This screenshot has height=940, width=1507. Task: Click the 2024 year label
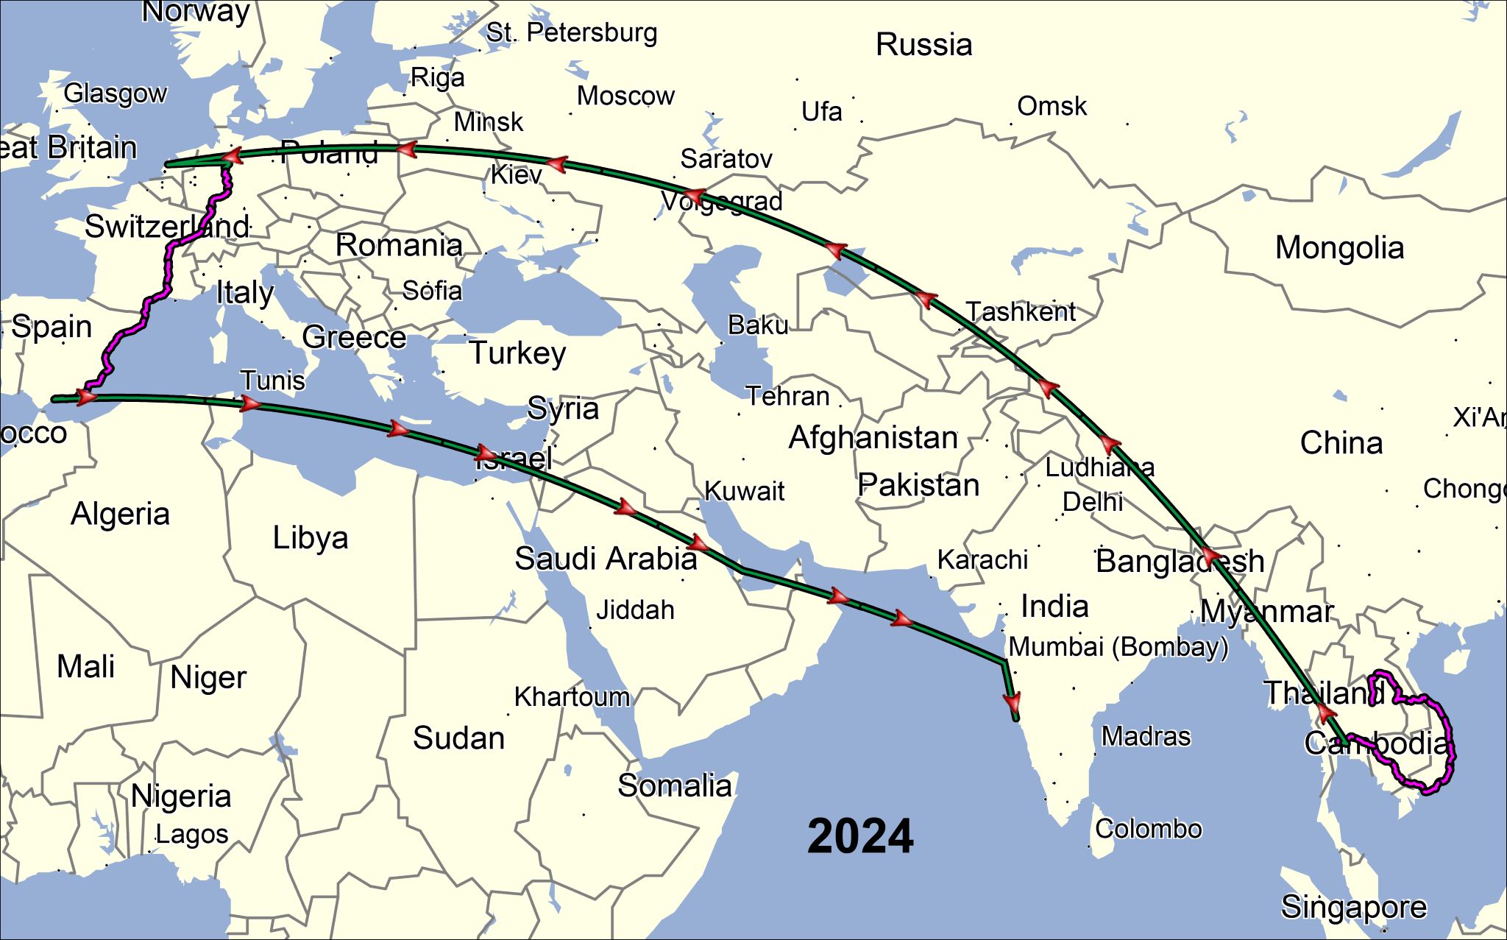(x=860, y=836)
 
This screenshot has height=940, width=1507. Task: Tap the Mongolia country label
(x=1339, y=248)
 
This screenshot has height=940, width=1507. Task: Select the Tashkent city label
(x=1021, y=312)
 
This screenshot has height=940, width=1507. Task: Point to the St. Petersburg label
(x=572, y=32)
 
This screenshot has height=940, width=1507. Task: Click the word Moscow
(x=625, y=96)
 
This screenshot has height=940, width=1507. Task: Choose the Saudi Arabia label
(x=606, y=559)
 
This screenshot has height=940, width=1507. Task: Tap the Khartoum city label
(x=572, y=696)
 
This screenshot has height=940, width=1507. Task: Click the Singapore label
(x=1354, y=907)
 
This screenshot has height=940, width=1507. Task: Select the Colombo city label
(x=1149, y=829)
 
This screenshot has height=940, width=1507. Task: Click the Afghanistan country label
(x=873, y=438)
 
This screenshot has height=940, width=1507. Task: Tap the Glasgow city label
(x=116, y=93)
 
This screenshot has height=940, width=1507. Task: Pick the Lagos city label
(x=192, y=835)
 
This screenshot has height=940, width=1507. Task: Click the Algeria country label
(x=120, y=514)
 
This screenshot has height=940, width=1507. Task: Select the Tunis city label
(x=273, y=381)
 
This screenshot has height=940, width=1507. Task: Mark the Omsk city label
(x=1052, y=107)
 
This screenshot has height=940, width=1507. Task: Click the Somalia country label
(x=675, y=786)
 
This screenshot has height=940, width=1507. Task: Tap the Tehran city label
(x=788, y=397)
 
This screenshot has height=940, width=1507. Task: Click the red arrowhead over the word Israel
(x=486, y=453)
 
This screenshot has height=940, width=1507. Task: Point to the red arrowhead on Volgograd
(x=694, y=197)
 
